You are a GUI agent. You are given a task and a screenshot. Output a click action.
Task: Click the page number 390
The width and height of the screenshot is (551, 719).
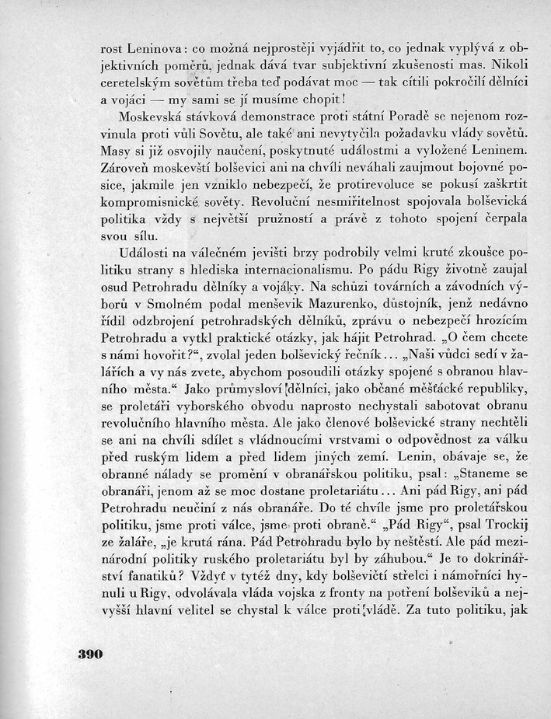coord(90,654)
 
